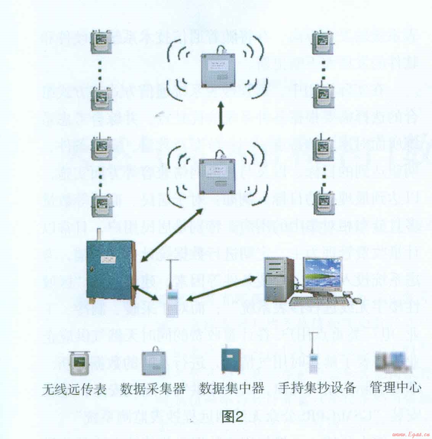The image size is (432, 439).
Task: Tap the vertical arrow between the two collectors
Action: [220, 115]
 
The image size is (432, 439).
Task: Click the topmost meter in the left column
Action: [100, 42]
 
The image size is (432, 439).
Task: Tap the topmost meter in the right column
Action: [323, 42]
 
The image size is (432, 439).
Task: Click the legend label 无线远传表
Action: [74, 389]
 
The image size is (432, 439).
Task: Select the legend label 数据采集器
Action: [153, 389]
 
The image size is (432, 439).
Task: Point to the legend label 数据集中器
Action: [232, 389]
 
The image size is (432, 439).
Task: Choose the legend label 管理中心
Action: [395, 388]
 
